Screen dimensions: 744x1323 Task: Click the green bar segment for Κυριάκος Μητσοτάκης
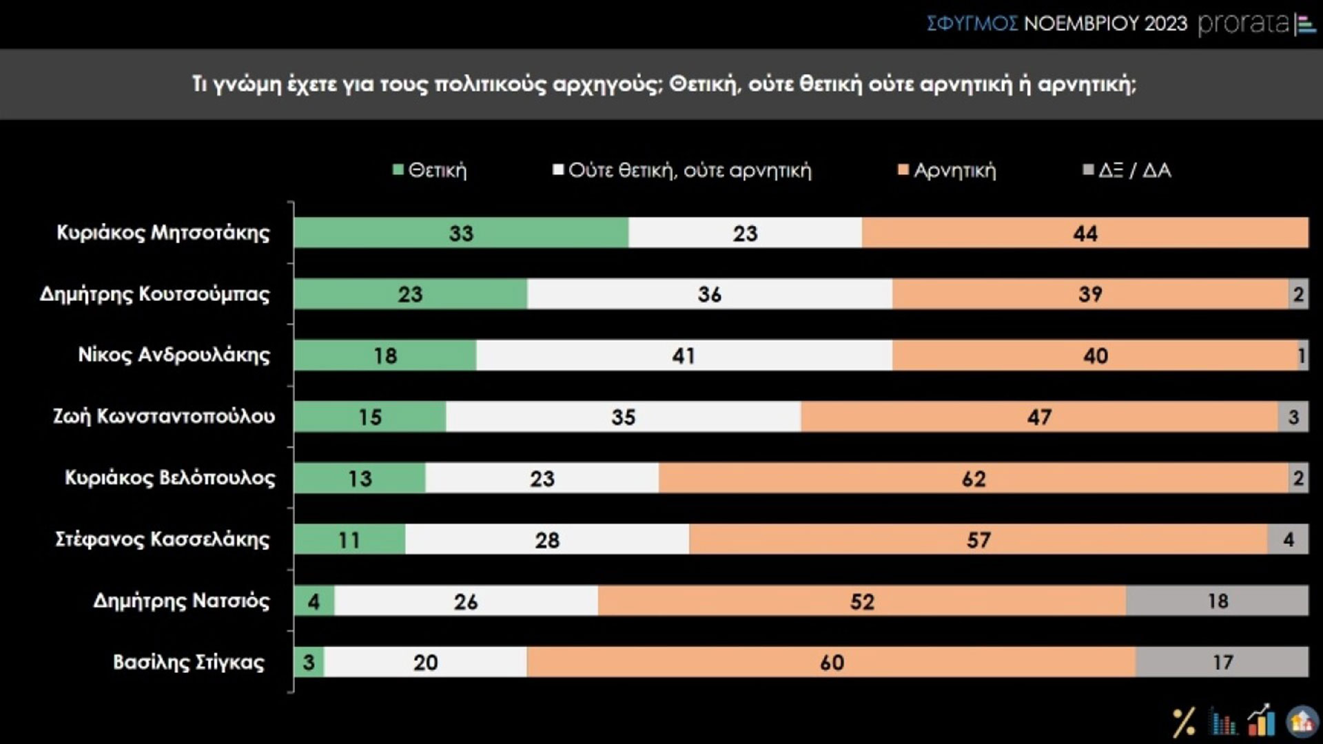coord(461,233)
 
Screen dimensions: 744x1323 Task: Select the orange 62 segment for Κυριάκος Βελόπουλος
coord(973,478)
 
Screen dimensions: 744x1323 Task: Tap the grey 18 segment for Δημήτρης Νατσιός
coord(1217,601)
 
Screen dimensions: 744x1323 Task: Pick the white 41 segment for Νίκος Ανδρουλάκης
coord(684,355)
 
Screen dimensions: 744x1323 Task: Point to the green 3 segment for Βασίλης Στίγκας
coord(309,662)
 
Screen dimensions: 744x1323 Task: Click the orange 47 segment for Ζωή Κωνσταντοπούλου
coord(1039,417)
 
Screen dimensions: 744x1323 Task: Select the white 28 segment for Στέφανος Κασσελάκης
coord(547,539)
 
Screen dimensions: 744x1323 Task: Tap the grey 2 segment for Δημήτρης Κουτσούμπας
coord(1298,294)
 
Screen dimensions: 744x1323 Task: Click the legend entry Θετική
coord(430,170)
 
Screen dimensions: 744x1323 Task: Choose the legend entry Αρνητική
coord(947,170)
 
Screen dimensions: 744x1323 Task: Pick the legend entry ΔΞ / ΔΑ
coord(1127,170)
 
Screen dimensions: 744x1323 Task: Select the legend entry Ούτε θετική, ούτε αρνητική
coord(682,170)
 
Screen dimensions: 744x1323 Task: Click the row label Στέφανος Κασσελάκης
coord(163,539)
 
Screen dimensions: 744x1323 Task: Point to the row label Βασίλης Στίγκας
coord(189,662)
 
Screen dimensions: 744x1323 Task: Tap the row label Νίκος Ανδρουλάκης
coord(174,355)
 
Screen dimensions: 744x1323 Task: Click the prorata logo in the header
coord(1255,24)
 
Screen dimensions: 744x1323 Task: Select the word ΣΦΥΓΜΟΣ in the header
coord(972,24)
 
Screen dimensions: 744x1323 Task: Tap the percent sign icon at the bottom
coord(1184,723)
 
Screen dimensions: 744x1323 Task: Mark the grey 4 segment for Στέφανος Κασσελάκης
coord(1288,539)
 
